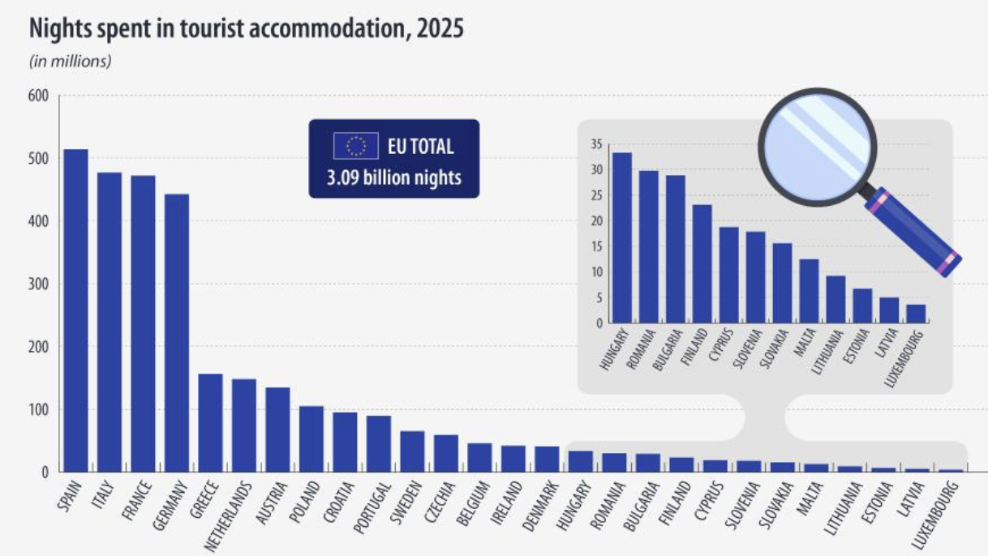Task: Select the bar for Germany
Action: [x=177, y=333]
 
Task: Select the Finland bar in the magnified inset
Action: [x=702, y=263]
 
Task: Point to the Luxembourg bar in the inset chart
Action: [x=916, y=314]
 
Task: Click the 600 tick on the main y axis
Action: [x=39, y=96]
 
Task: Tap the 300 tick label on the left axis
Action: [x=39, y=284]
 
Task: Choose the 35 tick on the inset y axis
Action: [x=596, y=145]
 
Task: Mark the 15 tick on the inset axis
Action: [x=596, y=247]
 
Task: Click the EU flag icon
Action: [x=355, y=146]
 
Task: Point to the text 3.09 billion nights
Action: [x=394, y=177]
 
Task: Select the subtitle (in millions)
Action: [x=71, y=62]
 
